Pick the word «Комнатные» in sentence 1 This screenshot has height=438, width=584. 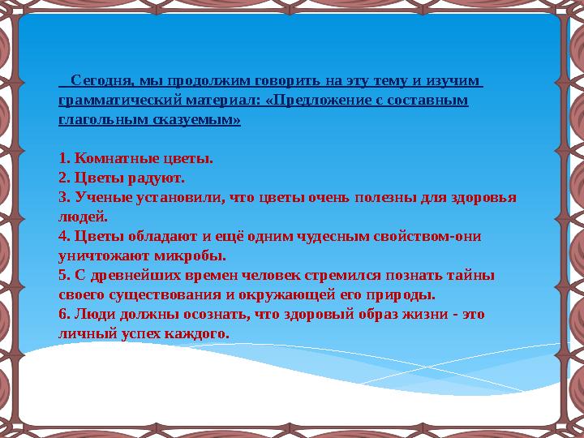point(109,159)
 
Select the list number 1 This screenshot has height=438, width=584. point(64,159)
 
